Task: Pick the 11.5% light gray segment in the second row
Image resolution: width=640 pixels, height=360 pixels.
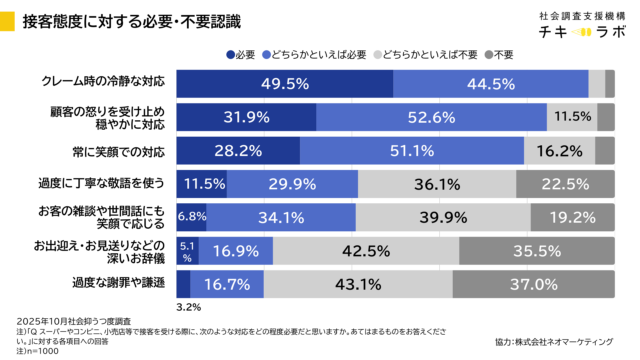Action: pyautogui.click(x=572, y=117)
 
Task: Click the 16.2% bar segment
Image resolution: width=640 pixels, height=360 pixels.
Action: pyautogui.click(x=559, y=150)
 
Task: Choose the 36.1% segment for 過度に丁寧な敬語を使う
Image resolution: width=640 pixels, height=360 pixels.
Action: pyautogui.click(x=437, y=184)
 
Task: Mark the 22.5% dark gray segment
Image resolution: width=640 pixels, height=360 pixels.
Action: pyautogui.click(x=565, y=184)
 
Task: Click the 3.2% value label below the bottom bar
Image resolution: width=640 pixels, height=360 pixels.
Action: pyautogui.click(x=187, y=308)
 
